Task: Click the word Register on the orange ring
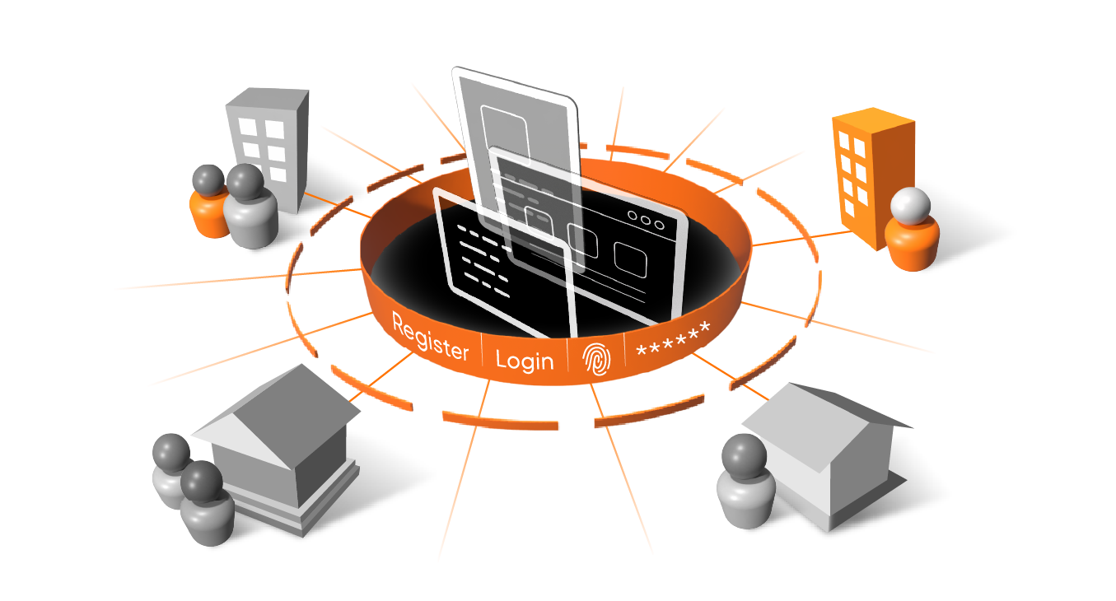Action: (x=430, y=337)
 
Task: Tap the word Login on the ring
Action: (x=525, y=360)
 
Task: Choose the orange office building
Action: (x=869, y=169)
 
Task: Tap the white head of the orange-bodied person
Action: (x=911, y=205)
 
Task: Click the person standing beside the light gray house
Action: (x=745, y=482)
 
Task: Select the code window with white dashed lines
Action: (x=486, y=263)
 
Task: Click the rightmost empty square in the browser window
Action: (x=630, y=260)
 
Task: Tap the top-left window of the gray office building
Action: (x=247, y=127)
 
